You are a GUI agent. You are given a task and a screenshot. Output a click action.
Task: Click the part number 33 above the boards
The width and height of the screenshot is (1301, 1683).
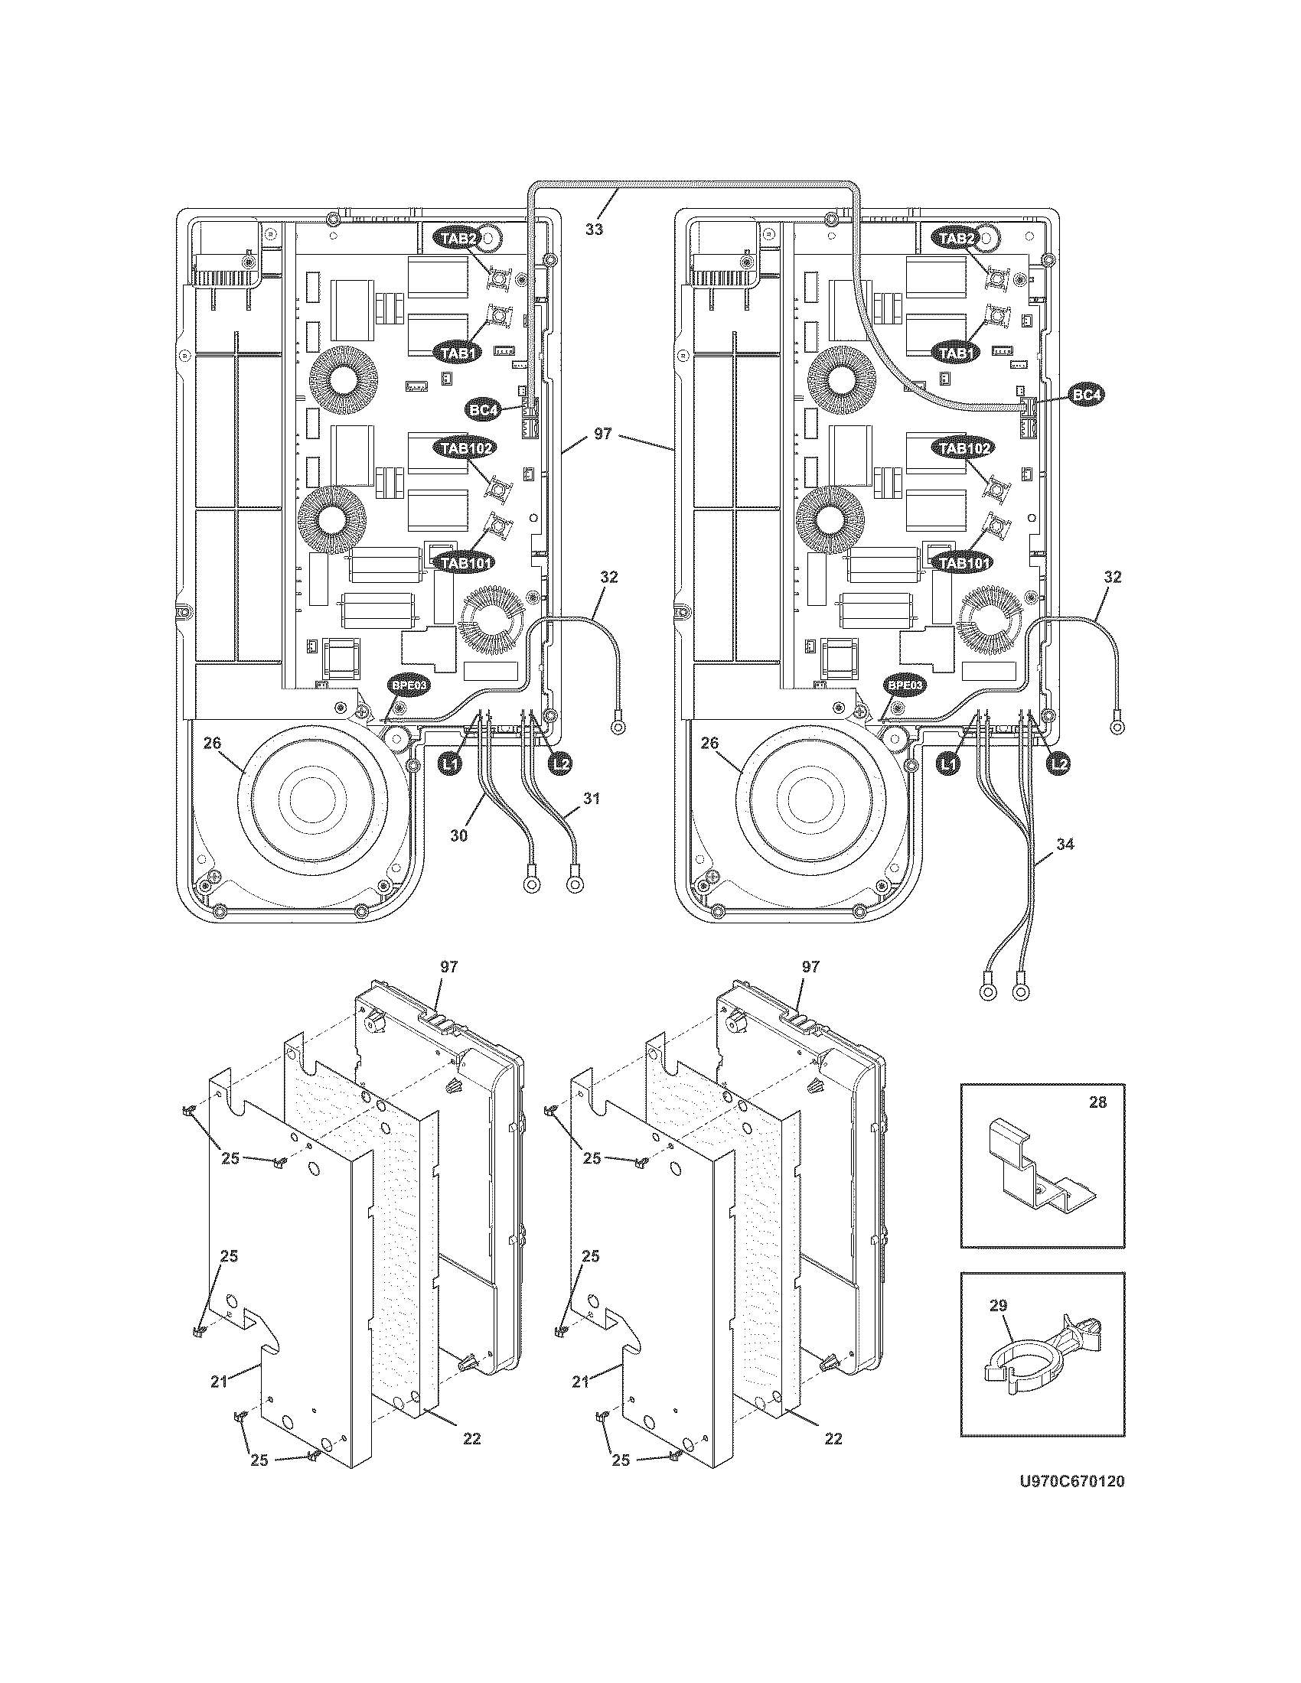[x=593, y=229]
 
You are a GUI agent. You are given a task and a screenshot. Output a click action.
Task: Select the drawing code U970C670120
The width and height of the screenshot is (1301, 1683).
[x=1071, y=1502]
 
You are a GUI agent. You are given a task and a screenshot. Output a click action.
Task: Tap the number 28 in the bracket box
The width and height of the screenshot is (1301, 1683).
[x=1097, y=1102]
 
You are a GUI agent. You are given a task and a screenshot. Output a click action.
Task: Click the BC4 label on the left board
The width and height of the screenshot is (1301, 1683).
[x=482, y=410]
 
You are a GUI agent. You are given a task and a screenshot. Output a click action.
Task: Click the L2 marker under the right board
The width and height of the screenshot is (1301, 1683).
[x=1061, y=763]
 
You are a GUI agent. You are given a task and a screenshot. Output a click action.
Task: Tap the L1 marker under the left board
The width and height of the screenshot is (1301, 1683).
[x=450, y=763]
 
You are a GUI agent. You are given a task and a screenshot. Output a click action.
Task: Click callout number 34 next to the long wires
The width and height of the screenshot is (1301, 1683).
[x=1065, y=845]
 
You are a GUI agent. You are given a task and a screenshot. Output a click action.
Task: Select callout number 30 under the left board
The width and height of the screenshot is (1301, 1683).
[x=458, y=835]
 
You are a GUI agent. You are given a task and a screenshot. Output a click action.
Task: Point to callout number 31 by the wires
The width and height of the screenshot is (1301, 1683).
[x=590, y=799]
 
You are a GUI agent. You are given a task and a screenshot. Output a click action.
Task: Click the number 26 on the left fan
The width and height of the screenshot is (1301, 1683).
[x=212, y=743]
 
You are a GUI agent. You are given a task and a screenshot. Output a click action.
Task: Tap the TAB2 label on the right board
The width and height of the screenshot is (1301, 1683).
[x=956, y=238]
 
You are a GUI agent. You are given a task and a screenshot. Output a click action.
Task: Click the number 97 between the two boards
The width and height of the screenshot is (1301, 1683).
[x=603, y=435]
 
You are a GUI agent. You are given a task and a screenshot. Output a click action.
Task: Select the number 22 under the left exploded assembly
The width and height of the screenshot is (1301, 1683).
[x=471, y=1438]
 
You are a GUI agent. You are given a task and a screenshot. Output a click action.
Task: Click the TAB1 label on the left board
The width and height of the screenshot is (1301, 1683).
[x=459, y=353]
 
